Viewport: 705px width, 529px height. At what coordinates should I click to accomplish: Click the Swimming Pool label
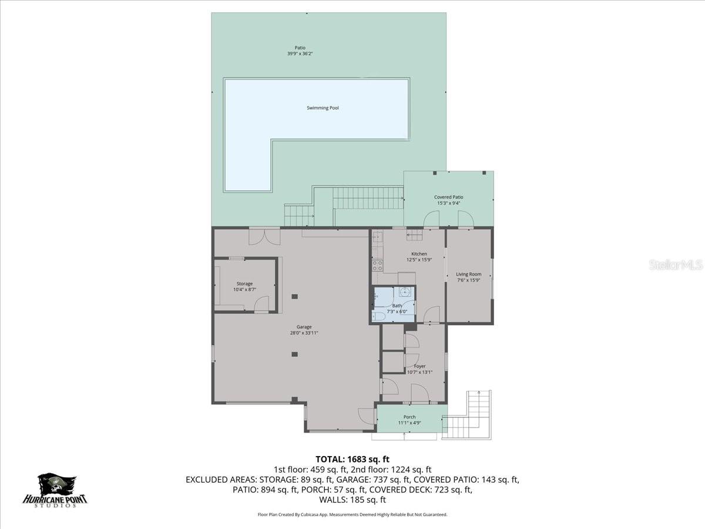point(323,108)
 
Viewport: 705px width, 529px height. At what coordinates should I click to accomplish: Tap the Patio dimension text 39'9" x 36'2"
point(300,54)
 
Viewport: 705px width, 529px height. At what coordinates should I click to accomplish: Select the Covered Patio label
point(449,197)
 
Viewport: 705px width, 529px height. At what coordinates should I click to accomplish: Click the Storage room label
point(244,284)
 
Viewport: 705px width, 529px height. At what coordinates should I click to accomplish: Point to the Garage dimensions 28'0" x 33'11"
point(304,333)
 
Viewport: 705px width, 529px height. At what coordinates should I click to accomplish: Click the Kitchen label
point(419,254)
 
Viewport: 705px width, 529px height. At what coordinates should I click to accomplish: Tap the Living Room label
point(469,274)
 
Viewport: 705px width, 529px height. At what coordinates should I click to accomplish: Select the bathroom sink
point(405,292)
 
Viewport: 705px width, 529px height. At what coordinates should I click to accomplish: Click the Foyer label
point(419,366)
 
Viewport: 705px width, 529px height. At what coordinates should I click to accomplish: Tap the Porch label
point(409,417)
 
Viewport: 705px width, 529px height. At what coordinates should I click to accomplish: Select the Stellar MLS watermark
point(675,265)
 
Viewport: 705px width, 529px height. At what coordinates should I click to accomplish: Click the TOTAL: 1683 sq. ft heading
point(352,459)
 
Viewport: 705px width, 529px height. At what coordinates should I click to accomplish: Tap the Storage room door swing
point(261,304)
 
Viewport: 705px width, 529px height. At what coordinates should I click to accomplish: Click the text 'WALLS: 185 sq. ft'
point(352,500)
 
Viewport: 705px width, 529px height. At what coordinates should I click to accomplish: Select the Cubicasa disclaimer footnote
point(352,514)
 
